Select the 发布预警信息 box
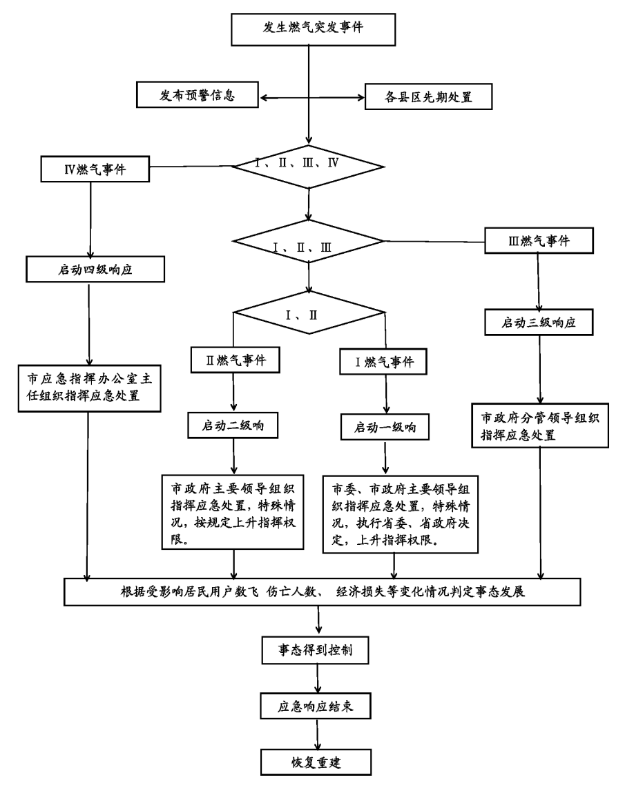coord(199,96)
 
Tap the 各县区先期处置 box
coord(428,96)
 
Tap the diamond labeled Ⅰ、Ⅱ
coord(311,316)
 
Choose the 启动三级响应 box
coord(541,323)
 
